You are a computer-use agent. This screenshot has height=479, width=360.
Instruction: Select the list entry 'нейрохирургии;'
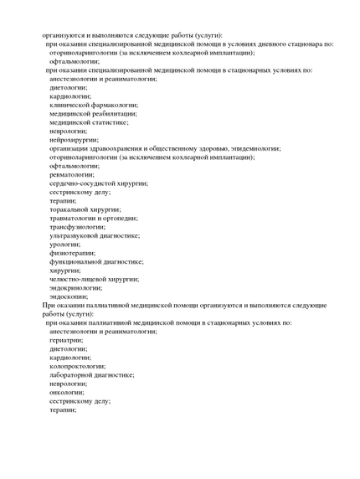[74, 140]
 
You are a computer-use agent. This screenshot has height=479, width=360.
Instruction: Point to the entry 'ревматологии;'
[73, 174]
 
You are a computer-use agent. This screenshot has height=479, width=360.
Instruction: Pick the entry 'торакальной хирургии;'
[85, 209]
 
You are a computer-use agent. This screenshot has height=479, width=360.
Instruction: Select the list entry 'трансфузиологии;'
[78, 227]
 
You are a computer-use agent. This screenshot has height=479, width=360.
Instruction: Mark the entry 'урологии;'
[66, 245]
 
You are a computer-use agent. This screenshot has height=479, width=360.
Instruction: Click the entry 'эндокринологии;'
[77, 287]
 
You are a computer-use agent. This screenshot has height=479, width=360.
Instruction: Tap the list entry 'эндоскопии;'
[69, 296]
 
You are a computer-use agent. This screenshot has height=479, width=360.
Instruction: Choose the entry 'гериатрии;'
[67, 340]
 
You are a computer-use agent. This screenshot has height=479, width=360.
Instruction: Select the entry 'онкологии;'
[67, 392]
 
